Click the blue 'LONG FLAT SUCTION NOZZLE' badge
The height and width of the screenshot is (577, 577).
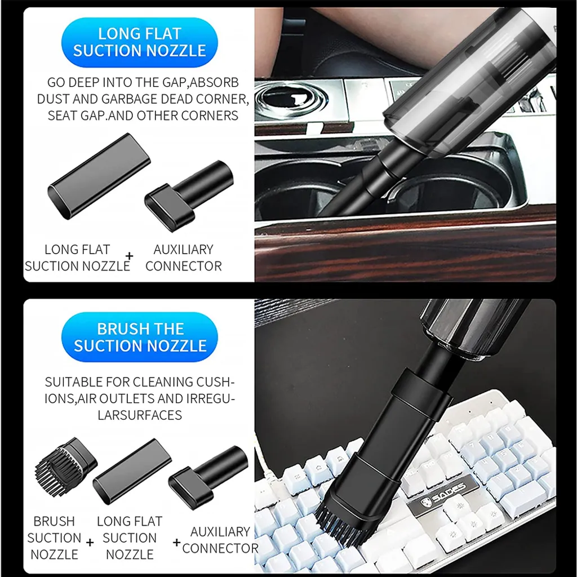click(x=139, y=42)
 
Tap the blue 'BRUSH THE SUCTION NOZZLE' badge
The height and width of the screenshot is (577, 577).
click(x=140, y=337)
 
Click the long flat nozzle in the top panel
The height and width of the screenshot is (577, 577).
click(x=99, y=175)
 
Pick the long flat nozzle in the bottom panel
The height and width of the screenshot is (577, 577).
click(x=132, y=471)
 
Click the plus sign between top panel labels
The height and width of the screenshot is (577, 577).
click(x=130, y=257)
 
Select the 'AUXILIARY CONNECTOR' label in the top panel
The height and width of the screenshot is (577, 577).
click(x=184, y=258)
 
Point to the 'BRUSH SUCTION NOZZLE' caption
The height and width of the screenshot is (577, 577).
click(x=54, y=538)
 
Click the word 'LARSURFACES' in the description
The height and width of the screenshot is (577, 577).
click(x=140, y=415)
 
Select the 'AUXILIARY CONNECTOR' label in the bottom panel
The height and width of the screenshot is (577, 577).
click(x=220, y=539)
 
